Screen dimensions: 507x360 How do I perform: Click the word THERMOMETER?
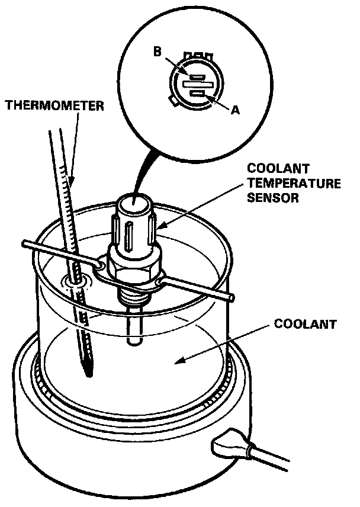54,106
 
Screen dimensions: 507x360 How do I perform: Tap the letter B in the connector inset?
157,52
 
